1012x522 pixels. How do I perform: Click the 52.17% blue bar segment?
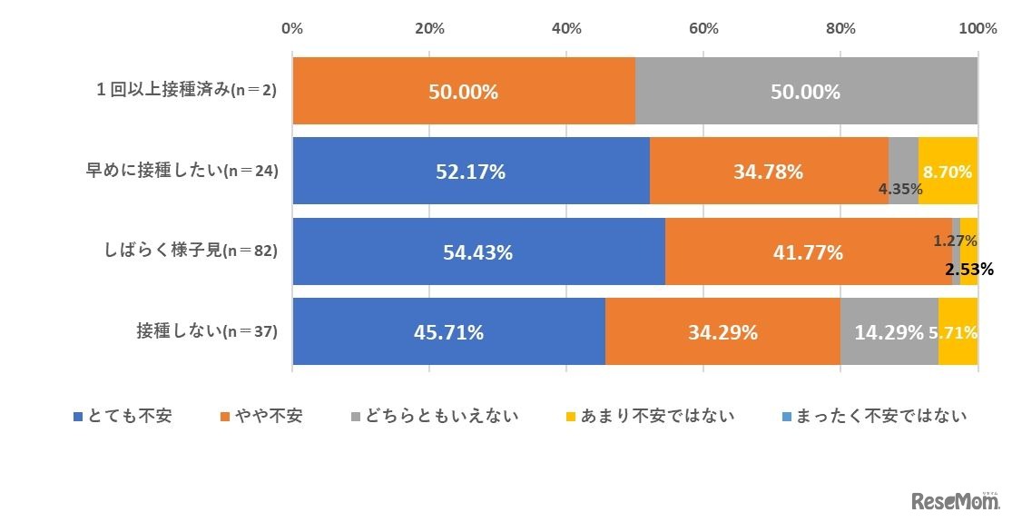point(470,171)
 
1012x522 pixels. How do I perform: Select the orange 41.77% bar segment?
point(808,252)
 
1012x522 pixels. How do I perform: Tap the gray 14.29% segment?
point(889,332)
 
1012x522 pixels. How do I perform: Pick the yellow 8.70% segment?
point(948,171)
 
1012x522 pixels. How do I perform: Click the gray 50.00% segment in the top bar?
point(806,92)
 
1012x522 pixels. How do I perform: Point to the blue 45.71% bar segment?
point(448,332)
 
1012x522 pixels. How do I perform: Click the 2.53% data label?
point(968,269)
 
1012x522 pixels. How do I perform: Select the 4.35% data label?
point(900,190)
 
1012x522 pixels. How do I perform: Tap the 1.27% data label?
point(955,241)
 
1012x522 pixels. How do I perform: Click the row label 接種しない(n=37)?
point(204,332)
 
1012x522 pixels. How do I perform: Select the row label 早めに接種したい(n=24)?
point(181,172)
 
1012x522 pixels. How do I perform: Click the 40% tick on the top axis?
point(566,28)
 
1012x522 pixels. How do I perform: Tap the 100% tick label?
point(978,28)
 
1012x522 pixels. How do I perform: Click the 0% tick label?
point(292,28)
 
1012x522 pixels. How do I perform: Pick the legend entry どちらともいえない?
point(435,416)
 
